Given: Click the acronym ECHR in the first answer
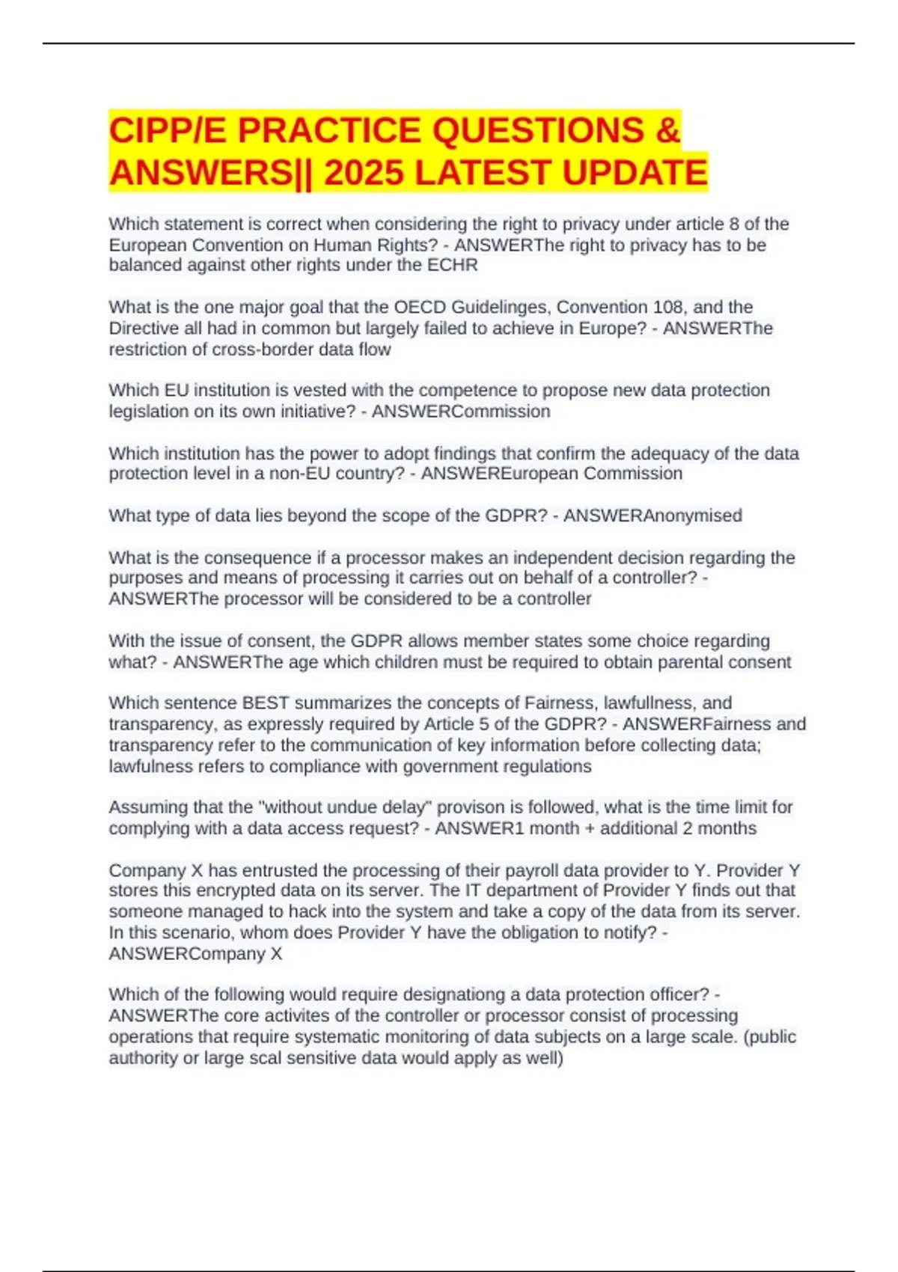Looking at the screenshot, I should pyautogui.click(x=452, y=265).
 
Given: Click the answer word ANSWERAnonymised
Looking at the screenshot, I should pyautogui.click(x=653, y=516).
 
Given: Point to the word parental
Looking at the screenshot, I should pyautogui.click(x=690, y=662).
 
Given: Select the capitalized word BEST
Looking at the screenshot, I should pyautogui.click(x=266, y=703).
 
